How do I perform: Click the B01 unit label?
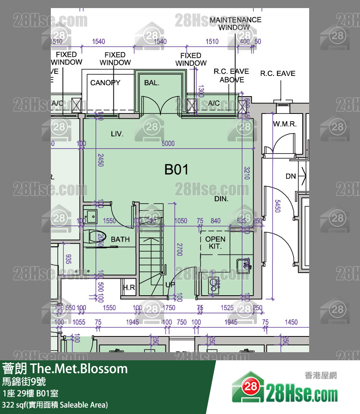click(176, 170)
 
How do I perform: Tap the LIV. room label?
click(117, 134)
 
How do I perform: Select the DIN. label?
click(221, 199)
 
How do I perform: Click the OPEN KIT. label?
click(215, 242)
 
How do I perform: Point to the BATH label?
click(120, 240)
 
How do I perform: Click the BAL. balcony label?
click(152, 83)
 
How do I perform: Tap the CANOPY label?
click(105, 83)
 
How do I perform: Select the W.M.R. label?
click(285, 124)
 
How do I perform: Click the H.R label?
click(129, 288)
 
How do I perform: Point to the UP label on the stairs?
click(170, 285)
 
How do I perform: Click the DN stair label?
click(291, 177)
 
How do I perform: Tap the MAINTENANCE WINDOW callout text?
click(235, 23)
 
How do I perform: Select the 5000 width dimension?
click(168, 143)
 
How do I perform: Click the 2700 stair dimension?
click(179, 249)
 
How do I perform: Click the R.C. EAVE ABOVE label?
click(231, 76)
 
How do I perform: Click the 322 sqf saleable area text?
click(55, 404)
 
